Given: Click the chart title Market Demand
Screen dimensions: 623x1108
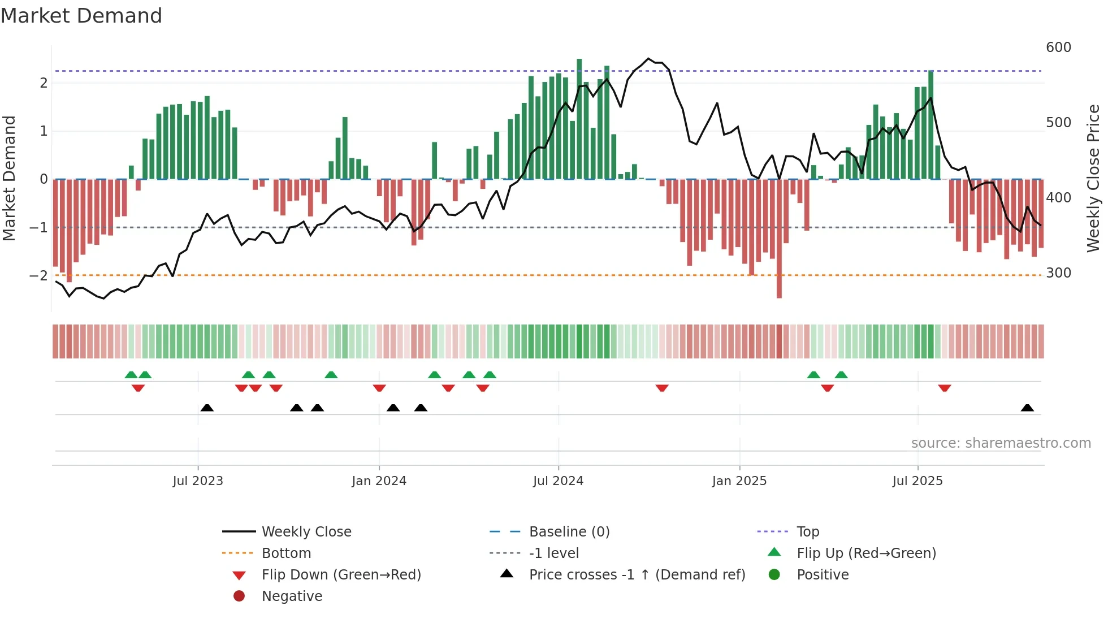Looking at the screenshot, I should click(x=81, y=16).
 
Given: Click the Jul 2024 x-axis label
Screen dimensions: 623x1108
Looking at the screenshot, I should click(x=558, y=481).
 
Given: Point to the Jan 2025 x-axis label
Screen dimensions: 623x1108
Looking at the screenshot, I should click(x=739, y=481).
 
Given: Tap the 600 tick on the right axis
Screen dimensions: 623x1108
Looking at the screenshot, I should click(x=1058, y=47).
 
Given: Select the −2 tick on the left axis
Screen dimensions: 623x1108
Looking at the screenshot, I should click(x=38, y=276).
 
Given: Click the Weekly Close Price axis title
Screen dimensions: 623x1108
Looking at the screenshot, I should click(x=1093, y=178).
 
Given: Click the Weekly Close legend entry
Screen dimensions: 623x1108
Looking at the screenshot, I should click(x=306, y=532).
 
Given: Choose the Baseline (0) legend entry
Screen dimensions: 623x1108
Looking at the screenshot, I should click(x=569, y=532).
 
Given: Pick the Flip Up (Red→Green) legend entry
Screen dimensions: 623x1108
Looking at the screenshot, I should click(x=866, y=553).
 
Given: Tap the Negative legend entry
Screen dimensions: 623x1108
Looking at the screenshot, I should click(x=292, y=596).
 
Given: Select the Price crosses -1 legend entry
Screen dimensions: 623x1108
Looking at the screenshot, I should click(x=637, y=575).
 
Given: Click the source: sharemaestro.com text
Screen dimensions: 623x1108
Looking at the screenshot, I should click(x=1001, y=443).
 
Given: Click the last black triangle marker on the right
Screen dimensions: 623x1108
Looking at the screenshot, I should click(x=1027, y=408).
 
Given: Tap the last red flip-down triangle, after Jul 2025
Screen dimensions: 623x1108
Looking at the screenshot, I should click(x=944, y=388).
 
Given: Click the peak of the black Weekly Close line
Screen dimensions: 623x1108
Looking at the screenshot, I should click(x=648, y=59).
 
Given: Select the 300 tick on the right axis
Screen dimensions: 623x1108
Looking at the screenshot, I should click(x=1058, y=273).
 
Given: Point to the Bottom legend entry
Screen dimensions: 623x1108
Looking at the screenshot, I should click(x=286, y=553).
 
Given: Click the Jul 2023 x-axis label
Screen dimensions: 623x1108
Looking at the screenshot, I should click(x=198, y=481).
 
